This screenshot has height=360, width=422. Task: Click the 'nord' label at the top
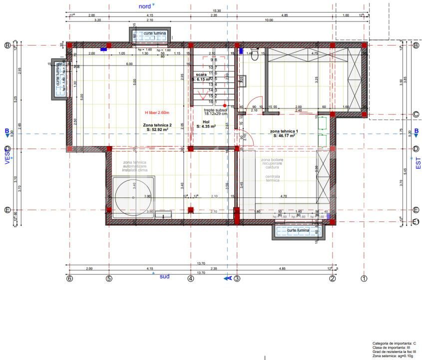[x=145, y=6]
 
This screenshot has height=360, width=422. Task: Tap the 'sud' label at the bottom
[x=164, y=276]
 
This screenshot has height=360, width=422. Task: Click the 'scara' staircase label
[x=201, y=74]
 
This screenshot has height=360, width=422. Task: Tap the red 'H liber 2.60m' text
[x=157, y=113]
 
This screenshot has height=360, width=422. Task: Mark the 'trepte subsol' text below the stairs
[x=216, y=110]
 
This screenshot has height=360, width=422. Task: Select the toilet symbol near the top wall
[x=254, y=55]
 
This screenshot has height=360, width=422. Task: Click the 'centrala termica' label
[x=273, y=179]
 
